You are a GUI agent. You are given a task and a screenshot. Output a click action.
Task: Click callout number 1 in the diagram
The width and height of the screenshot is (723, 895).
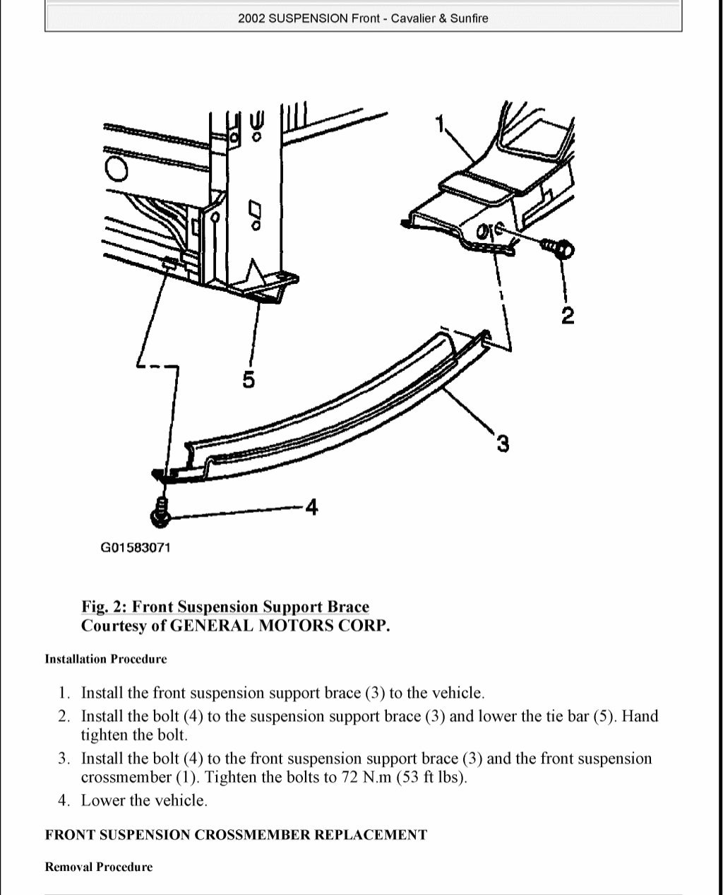click(x=441, y=124)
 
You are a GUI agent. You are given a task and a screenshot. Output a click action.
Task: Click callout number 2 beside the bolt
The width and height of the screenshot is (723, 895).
click(x=567, y=316)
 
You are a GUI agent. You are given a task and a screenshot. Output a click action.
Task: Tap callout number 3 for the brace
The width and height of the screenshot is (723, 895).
click(x=502, y=444)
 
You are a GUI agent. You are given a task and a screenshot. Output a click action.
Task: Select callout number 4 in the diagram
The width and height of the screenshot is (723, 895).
click(x=311, y=507)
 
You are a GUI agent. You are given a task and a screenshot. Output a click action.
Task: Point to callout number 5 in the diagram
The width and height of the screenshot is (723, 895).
click(x=249, y=380)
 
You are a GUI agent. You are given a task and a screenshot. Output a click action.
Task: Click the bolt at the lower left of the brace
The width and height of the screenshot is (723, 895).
click(x=160, y=511)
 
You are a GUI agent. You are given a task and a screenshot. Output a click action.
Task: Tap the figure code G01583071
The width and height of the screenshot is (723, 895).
click(x=136, y=547)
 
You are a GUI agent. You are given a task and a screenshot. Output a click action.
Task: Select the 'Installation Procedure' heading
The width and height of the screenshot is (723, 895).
click(x=106, y=659)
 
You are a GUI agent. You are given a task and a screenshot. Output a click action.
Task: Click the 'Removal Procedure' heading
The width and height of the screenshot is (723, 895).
click(x=99, y=867)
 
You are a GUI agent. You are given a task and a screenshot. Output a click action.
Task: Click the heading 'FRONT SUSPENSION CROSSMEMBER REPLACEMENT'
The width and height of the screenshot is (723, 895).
click(x=236, y=835)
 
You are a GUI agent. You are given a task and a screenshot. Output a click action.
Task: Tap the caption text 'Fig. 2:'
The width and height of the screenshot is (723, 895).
click(x=104, y=607)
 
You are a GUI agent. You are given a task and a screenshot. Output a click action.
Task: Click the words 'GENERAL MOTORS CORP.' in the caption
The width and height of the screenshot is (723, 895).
click(x=280, y=626)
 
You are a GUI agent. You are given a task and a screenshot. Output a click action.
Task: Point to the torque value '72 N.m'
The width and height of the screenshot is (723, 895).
click(x=366, y=778)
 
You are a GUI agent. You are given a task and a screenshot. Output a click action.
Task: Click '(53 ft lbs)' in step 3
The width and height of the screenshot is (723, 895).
click(x=432, y=778)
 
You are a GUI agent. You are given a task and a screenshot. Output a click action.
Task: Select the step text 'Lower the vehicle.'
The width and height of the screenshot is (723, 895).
click(x=144, y=800)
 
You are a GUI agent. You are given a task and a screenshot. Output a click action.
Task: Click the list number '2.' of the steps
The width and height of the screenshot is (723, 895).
click(x=64, y=716)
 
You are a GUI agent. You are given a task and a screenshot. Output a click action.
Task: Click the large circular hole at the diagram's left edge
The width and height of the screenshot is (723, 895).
click(x=116, y=170)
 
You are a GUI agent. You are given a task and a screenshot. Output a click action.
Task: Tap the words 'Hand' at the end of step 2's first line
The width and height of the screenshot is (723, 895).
click(x=640, y=716)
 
